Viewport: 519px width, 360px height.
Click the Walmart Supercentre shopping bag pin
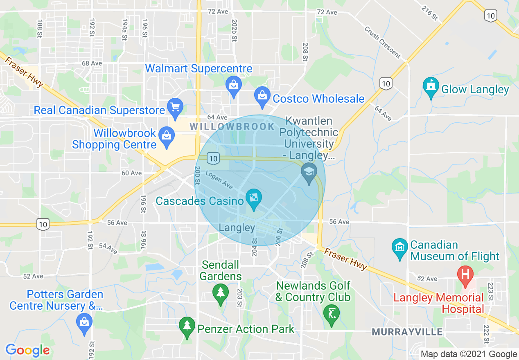point(233,85)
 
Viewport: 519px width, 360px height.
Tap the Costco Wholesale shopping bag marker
point(262,95)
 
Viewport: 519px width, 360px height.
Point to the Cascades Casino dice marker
point(254,199)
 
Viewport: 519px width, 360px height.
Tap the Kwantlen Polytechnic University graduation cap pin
point(309,171)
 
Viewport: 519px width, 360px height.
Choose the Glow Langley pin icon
point(431,87)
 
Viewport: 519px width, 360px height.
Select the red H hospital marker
point(465,274)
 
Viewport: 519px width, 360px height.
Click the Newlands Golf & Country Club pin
point(331,314)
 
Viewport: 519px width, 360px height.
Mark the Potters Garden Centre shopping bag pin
point(84,323)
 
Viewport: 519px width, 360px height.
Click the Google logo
point(27,350)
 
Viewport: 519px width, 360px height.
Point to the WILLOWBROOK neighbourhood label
point(232,126)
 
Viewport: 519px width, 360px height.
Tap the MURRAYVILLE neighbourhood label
point(407,331)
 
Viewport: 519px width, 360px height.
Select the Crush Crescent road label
point(382,42)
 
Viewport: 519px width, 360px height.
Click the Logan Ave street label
point(219,180)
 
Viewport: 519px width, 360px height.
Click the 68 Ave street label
point(92,63)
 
